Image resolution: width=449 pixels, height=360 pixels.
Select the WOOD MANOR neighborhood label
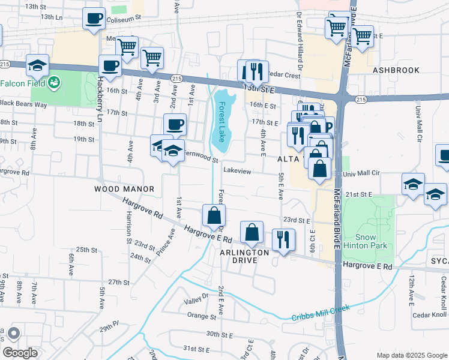tap(124, 189)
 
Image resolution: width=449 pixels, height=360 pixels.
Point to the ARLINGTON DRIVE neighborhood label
tap(244, 253)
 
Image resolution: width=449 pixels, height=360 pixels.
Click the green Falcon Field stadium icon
tap(54, 82)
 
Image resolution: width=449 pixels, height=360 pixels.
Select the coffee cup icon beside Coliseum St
tap(93, 18)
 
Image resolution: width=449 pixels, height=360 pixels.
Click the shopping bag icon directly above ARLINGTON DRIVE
tap(252, 232)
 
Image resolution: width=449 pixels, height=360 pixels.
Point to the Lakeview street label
tap(237, 171)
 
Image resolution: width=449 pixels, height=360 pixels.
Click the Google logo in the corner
tap(19, 353)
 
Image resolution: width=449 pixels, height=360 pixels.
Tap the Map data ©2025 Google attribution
tap(411, 355)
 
